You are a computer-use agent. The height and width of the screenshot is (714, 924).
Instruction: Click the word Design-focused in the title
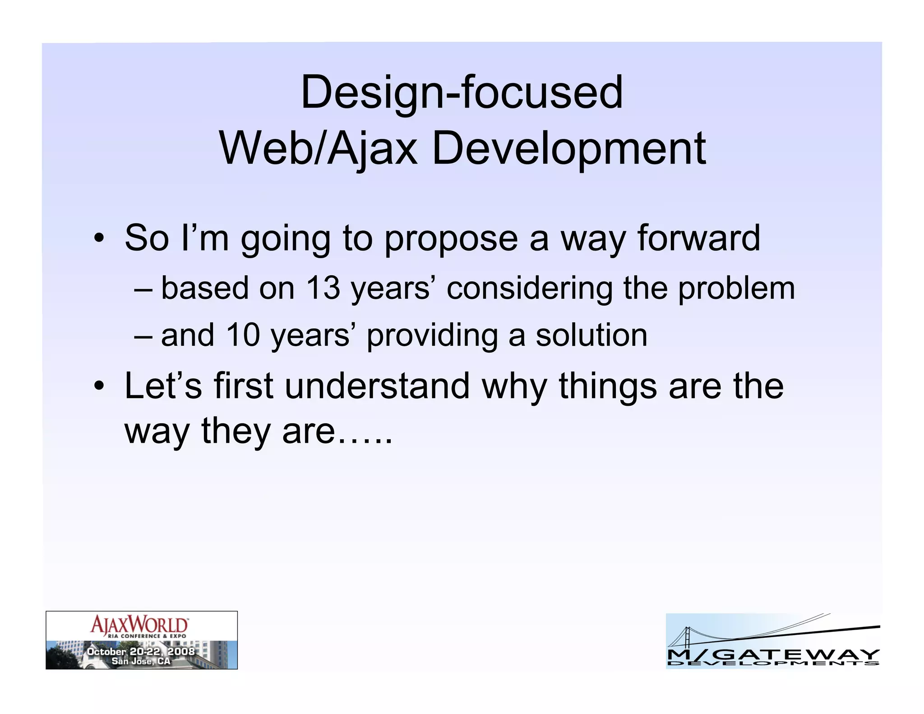[x=462, y=93]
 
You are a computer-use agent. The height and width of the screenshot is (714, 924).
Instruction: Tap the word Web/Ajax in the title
[x=318, y=148]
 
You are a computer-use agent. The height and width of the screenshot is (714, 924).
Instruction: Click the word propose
[x=451, y=239]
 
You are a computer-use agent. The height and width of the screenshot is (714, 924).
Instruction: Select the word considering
[x=530, y=289]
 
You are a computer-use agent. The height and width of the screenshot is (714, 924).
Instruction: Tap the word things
[x=608, y=387]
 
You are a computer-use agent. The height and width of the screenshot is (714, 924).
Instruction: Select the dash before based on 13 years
[x=143, y=289]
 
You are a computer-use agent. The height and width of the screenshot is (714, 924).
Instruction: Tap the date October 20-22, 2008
[x=141, y=651]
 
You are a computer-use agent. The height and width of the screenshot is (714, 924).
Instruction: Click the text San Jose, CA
[x=141, y=661]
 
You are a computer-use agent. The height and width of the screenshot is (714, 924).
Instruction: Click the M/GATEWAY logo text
[x=773, y=654]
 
